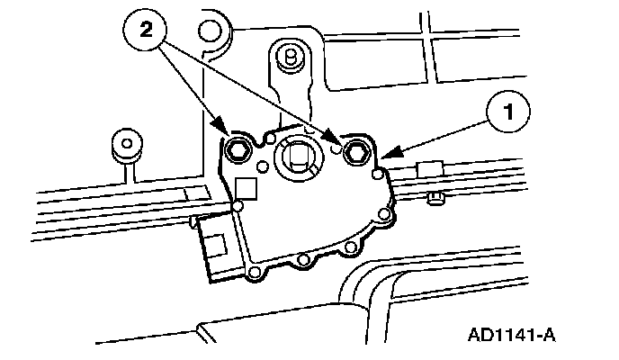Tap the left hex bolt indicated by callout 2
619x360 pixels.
[x=238, y=149]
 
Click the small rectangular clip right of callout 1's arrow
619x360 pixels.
[x=427, y=168]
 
